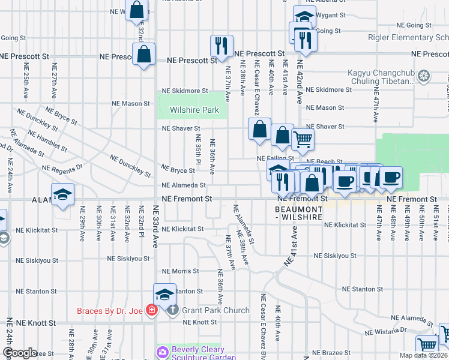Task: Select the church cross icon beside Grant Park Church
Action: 172,310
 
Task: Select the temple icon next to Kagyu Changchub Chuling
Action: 424,76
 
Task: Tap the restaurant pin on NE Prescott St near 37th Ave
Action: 221,45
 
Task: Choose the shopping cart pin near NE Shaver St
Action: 303,139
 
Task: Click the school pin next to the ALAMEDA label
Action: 62,194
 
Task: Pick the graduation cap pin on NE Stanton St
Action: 164,294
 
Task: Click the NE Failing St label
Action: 273,158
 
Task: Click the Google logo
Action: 20,353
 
